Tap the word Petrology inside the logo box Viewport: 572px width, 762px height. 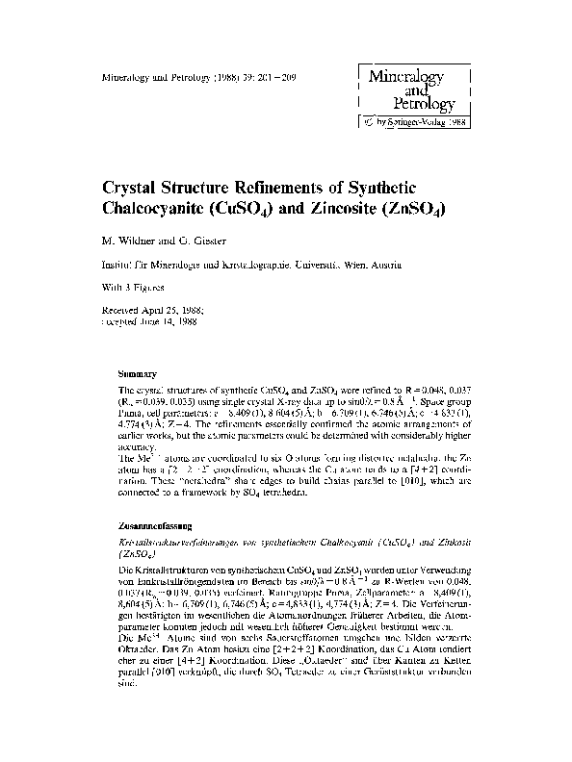(x=422, y=102)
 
